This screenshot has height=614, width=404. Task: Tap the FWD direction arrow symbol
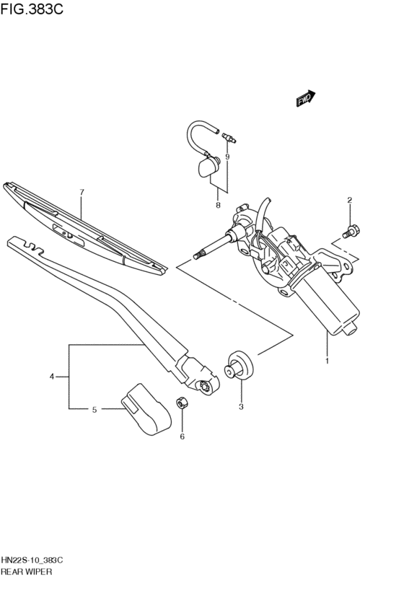coord(306,100)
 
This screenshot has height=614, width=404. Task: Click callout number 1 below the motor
coord(327,361)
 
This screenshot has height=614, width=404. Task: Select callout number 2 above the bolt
coord(350,200)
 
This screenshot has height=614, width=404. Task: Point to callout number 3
coord(241,407)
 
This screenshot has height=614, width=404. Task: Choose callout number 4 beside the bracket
coord(52,377)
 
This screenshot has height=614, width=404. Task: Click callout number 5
coord(95,410)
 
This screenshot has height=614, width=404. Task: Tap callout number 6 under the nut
coord(182,437)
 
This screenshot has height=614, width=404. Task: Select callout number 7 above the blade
coord(82,193)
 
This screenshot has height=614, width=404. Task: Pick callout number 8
coord(218,206)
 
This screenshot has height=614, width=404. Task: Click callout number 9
coord(227,157)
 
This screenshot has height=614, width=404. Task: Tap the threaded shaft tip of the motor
coord(201,253)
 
